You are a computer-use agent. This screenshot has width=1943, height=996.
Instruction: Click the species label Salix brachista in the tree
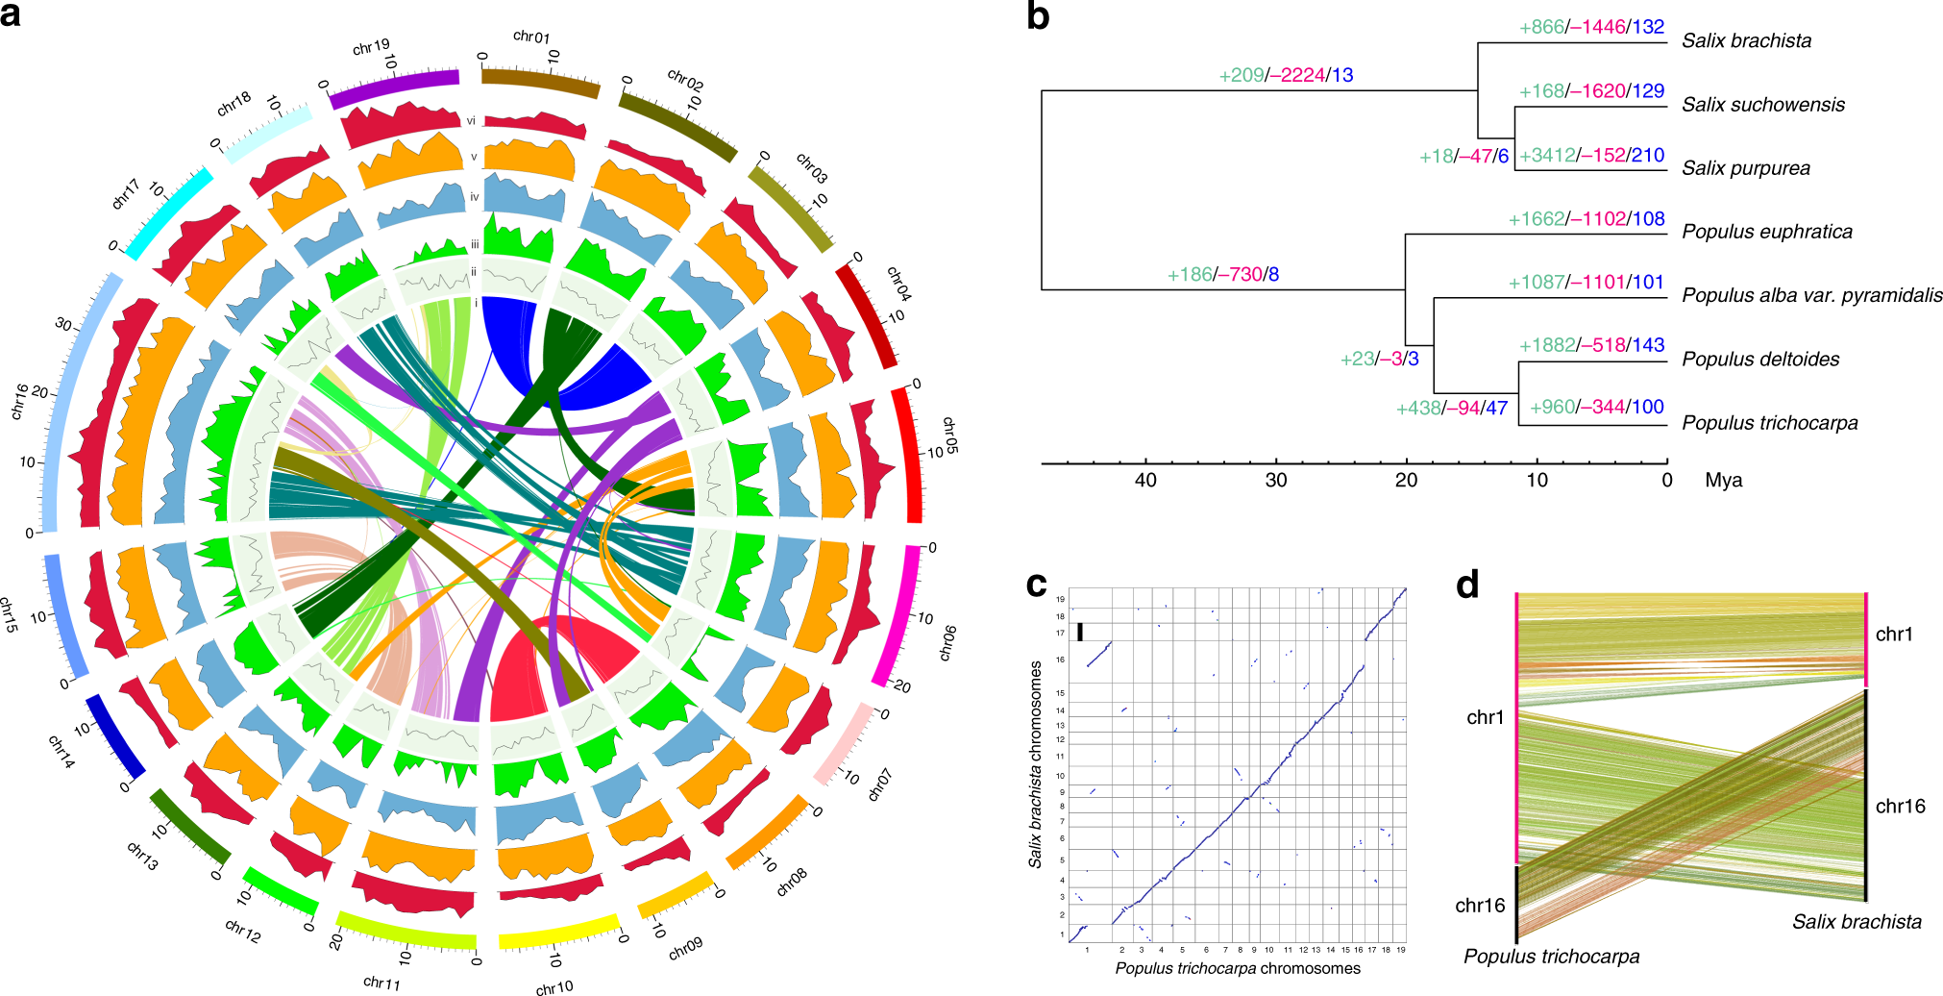(x=1746, y=41)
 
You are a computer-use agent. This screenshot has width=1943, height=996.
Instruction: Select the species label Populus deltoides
(x=1760, y=360)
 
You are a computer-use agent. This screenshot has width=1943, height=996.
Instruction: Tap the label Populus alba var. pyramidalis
(x=1811, y=296)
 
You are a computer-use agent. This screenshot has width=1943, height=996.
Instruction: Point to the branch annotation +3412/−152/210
(x=1591, y=156)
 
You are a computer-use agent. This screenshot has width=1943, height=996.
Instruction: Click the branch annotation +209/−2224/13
(x=1286, y=75)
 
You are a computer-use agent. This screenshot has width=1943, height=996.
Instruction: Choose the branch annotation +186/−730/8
(x=1222, y=275)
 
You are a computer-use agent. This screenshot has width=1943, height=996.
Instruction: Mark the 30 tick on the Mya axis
(x=1275, y=481)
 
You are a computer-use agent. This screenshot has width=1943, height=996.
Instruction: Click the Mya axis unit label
(x=1723, y=481)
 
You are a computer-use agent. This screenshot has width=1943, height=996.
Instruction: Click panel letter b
(x=1038, y=16)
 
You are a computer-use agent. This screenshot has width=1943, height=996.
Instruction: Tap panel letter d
(x=1467, y=585)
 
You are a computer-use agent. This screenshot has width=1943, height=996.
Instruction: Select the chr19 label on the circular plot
(x=371, y=47)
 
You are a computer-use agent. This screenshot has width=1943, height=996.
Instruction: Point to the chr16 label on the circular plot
(x=18, y=401)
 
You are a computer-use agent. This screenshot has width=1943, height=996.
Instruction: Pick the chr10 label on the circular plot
(x=554, y=986)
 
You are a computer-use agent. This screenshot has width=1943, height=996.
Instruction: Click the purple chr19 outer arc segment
(x=394, y=87)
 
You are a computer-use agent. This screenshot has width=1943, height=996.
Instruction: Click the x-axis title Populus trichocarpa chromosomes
(x=1238, y=968)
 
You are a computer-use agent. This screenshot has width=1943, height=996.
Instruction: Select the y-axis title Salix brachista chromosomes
(x=1036, y=764)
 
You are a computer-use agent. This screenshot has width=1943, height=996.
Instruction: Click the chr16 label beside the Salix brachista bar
(x=1900, y=807)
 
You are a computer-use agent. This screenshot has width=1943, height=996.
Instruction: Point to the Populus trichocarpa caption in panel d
(x=1551, y=957)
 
